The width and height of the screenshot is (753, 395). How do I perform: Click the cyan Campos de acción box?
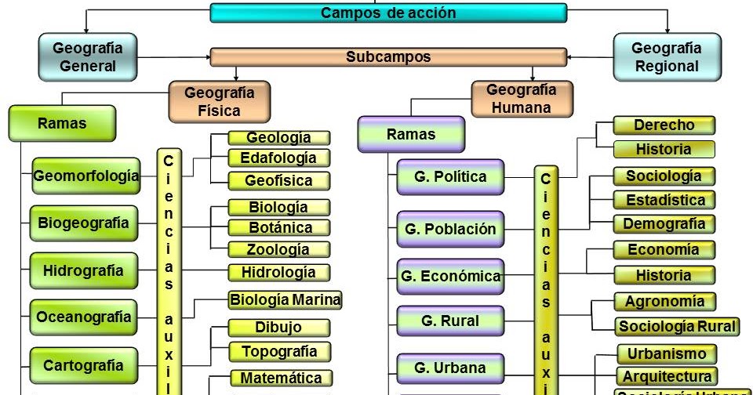pos(388,13)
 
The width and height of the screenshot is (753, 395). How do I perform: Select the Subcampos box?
pos(388,57)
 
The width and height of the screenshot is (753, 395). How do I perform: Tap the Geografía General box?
pos(87,56)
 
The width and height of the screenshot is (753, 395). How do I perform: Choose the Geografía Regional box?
pos(666,57)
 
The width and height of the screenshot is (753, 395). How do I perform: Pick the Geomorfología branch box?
pos(86,176)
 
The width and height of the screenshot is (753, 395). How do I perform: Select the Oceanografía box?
pos(84,317)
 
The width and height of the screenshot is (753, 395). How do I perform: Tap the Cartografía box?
pos(84,365)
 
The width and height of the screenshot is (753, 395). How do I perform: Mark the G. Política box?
pos(450,177)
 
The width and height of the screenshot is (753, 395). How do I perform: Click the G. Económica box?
pos(450,276)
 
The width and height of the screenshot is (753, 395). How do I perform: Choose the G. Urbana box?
pos(450,368)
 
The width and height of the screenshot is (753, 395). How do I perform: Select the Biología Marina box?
pos(285,299)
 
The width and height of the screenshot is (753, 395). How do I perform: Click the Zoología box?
pos(278,250)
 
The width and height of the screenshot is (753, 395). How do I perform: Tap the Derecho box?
pos(664,125)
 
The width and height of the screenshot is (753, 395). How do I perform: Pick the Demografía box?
pos(664,224)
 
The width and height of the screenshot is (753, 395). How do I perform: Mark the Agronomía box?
pos(664,301)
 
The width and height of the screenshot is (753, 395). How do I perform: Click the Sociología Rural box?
pos(677,326)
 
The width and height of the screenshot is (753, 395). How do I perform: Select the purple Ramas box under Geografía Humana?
pos(410,134)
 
